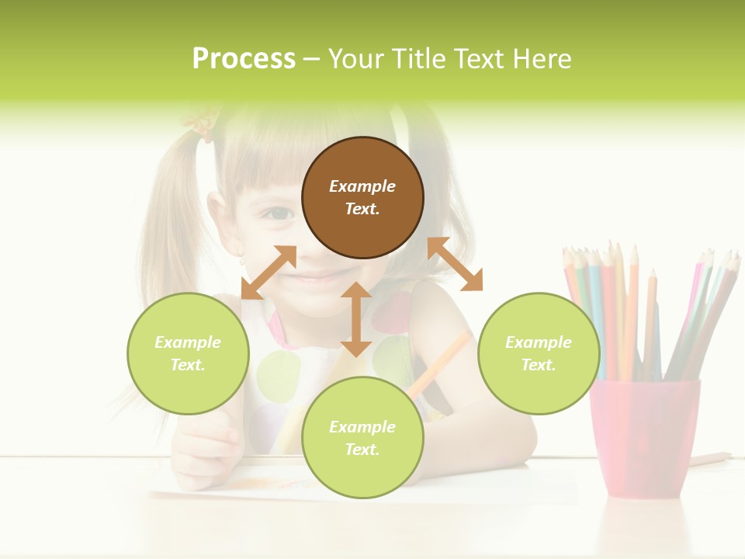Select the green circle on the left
pos(188,353)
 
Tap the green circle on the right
pos(539,353)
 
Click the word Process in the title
pos(244,59)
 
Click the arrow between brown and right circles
pos(456,264)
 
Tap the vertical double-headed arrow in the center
pos(356,319)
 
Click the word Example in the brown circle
pos(362,186)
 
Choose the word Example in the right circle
pos(539,342)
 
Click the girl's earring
pos(242,261)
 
